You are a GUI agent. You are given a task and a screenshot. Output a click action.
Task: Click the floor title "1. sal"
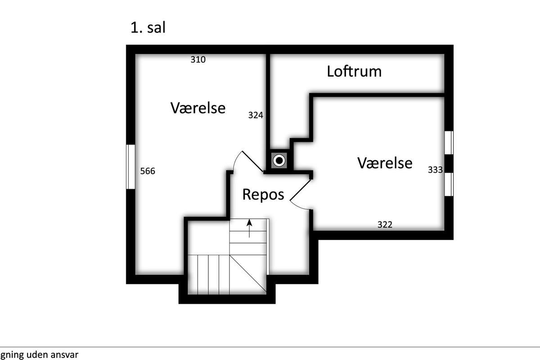coord(148,27)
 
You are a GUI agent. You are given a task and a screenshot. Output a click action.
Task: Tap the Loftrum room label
coord(354,71)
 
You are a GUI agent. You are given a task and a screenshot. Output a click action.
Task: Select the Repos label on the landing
coord(263,194)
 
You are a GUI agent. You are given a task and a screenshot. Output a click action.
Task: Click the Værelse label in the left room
coord(198,108)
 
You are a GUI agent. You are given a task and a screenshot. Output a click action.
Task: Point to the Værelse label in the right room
coord(385,162)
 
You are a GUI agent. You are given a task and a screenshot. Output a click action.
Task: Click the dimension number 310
coord(198,59)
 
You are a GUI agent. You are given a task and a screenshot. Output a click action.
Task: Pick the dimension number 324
coord(256,115)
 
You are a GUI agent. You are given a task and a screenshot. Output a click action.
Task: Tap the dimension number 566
coord(148,171)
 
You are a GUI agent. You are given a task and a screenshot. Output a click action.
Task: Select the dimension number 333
coord(435,170)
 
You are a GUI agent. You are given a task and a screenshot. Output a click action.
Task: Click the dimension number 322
coord(385,224)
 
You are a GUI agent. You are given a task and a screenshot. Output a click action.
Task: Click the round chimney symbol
coord(279,160)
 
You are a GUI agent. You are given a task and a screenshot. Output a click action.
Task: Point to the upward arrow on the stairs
coord(249,227)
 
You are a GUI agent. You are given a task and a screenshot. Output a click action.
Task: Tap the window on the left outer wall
coord(130,166)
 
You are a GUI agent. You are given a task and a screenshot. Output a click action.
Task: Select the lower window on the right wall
coord(449,184)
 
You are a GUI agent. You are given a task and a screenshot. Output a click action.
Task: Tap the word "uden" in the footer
coord(34,354)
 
